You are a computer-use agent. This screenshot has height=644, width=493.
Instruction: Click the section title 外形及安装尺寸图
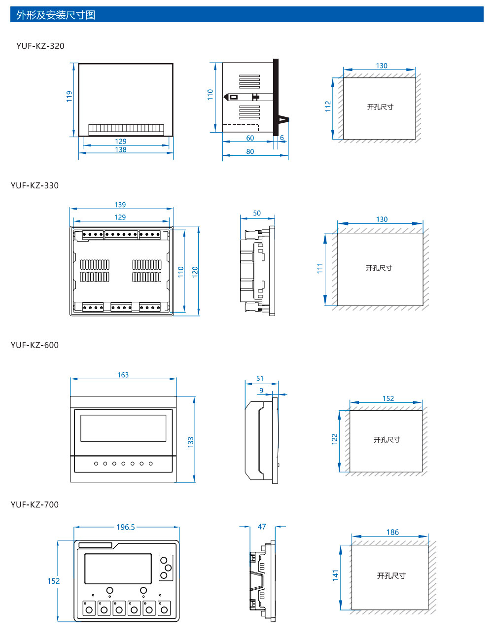56,15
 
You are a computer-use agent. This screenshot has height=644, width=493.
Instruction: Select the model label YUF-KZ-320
40,46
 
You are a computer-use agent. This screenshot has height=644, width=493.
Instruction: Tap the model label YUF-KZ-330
35,185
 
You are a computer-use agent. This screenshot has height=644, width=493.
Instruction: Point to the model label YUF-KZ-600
35,345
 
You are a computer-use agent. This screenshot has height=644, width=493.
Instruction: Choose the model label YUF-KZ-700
35,504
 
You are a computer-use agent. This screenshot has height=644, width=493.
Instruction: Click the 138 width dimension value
121,150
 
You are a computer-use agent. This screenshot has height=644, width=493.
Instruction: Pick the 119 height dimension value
70,96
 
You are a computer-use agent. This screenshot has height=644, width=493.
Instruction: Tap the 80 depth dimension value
250,152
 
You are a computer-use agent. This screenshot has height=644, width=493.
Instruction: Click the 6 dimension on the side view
282,138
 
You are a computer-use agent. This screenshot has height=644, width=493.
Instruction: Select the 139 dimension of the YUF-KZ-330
120,205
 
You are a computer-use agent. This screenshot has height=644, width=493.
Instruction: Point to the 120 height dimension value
195,271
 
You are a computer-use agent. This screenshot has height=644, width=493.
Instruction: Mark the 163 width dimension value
123,375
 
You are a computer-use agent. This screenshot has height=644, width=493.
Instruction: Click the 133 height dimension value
191,442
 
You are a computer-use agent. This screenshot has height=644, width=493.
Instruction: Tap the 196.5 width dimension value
126,527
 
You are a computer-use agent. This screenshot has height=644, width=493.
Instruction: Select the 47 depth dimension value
262,527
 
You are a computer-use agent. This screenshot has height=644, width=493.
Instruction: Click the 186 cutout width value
392,532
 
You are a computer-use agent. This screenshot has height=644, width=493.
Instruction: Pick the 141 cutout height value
336,575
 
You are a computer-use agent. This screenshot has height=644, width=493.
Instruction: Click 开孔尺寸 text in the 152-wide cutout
387,440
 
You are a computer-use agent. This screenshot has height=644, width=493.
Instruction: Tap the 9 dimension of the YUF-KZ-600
261,391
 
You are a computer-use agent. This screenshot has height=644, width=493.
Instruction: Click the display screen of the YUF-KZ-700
118,569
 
